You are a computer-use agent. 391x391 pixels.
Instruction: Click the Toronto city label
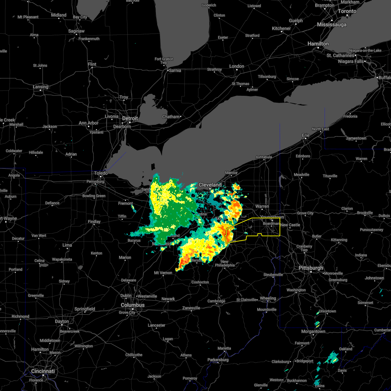(x=347, y=11)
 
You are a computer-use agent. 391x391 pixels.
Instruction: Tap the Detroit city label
(x=130, y=118)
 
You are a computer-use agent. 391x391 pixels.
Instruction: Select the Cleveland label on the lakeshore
(x=210, y=185)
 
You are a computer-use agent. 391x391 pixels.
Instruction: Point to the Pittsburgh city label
(x=311, y=268)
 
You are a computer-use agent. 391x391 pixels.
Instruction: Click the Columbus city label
(x=133, y=305)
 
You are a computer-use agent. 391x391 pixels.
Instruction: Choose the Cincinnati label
(x=43, y=371)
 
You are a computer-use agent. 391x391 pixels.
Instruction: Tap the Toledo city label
(x=101, y=173)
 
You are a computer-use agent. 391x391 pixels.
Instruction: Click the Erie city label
(x=306, y=135)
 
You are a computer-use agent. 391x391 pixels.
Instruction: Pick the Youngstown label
(x=272, y=217)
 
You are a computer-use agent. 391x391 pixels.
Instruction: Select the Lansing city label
(x=40, y=87)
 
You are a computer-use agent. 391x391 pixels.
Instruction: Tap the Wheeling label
(x=268, y=298)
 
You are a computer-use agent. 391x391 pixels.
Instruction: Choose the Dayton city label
(x=62, y=321)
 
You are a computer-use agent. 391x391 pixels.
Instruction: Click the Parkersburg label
(x=218, y=360)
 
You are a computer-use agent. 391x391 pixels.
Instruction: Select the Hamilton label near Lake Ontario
(x=319, y=43)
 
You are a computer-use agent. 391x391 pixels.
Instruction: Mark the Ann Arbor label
(x=89, y=123)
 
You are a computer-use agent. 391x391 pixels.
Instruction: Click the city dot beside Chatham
(x=181, y=116)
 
